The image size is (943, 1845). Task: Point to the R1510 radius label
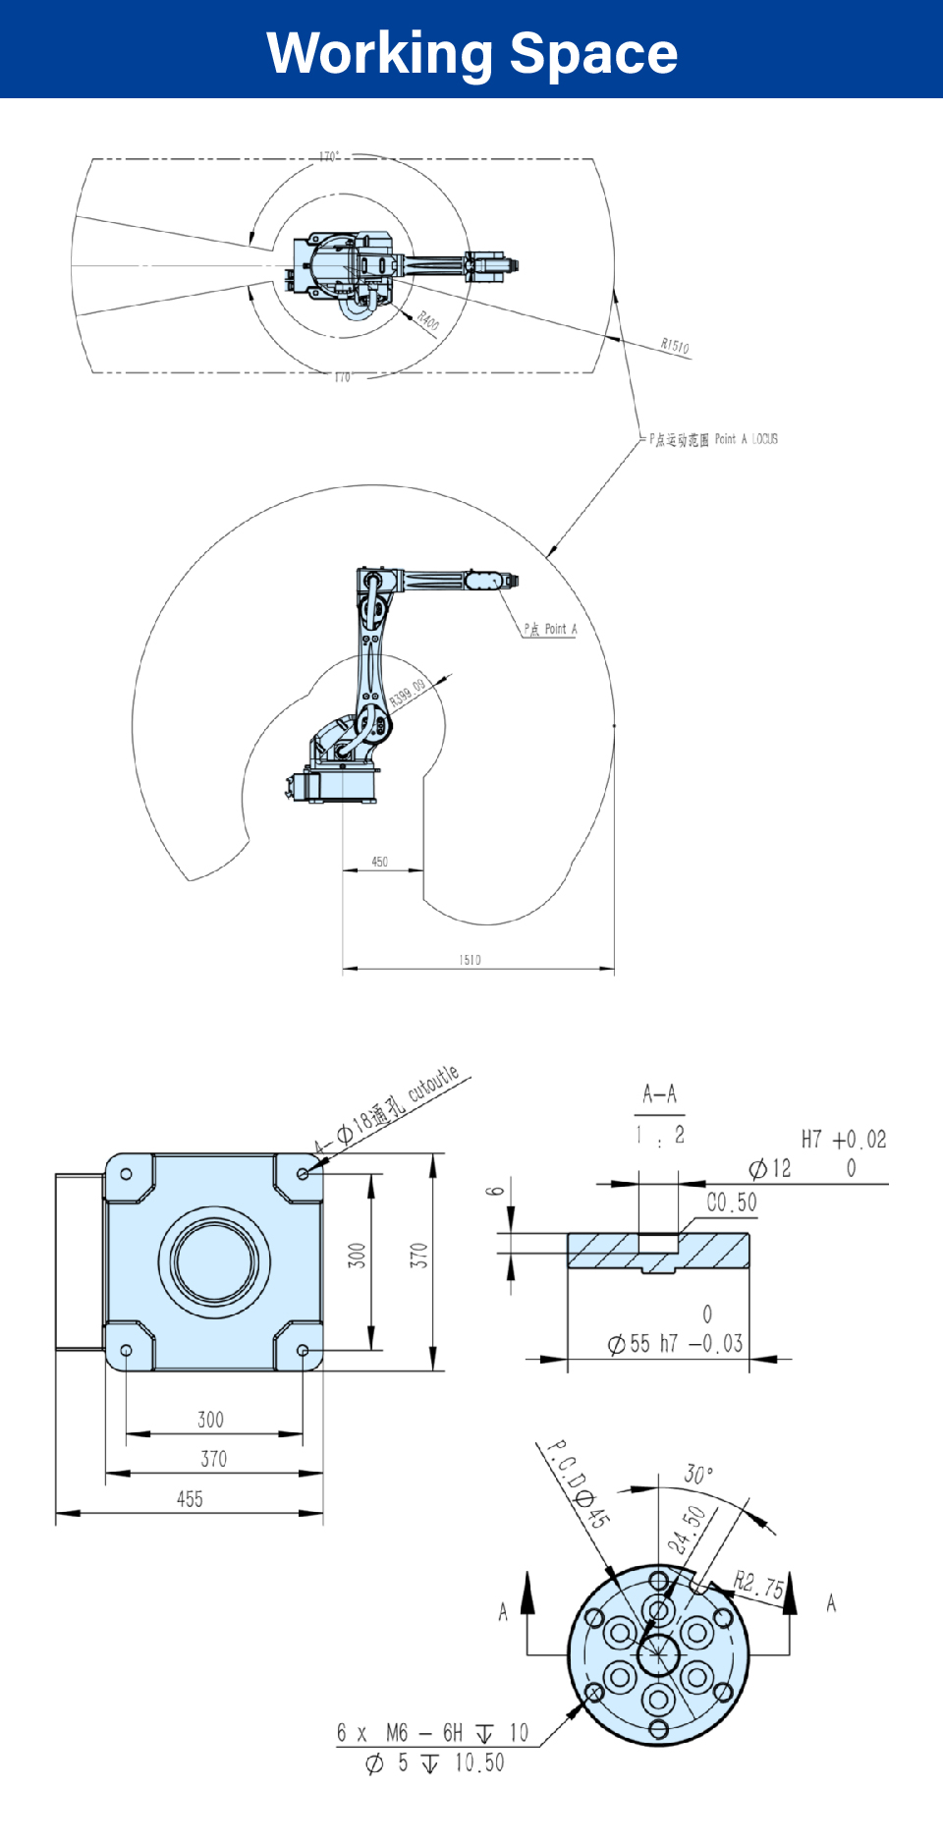tap(675, 346)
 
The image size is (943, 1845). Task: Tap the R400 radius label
tap(428, 320)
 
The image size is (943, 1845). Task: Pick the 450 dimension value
tap(380, 862)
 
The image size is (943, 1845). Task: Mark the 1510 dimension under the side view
tap(471, 960)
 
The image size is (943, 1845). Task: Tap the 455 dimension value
tap(190, 1499)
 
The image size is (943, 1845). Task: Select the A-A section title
tap(659, 1093)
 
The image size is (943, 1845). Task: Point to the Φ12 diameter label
tap(770, 1168)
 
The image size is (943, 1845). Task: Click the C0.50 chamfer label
tap(732, 1202)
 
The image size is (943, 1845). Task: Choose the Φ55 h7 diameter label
tap(675, 1343)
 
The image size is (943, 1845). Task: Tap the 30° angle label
tap(698, 1475)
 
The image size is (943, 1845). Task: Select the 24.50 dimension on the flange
tap(687, 1530)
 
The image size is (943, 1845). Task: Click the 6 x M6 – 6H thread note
tap(432, 1733)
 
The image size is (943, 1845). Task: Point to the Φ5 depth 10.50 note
tap(434, 1763)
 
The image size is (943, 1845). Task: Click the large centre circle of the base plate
tap(214, 1261)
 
